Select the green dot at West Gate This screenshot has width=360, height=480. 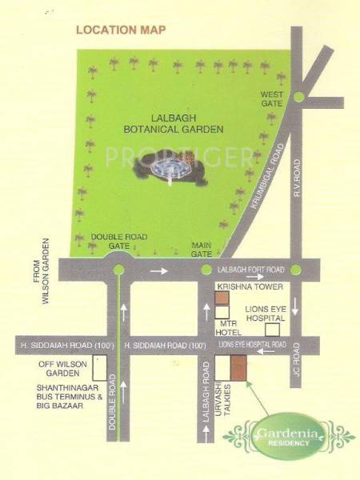click(x=298, y=97)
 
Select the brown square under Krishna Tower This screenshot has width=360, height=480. click(x=222, y=298)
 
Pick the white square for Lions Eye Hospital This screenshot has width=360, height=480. click(x=273, y=327)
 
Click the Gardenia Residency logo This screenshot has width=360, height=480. click(x=276, y=435)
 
